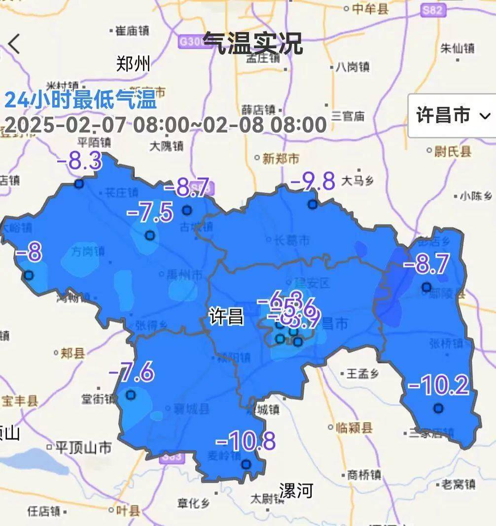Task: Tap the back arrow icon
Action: coord(13,44)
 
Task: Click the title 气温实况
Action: coord(252,43)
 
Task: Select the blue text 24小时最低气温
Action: coord(80,100)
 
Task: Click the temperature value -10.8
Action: coord(245,441)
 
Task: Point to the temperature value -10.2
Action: coord(438,386)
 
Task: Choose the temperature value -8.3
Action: coord(80,161)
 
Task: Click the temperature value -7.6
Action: coord(131,372)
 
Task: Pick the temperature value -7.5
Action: coord(150,213)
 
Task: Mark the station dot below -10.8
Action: coord(246,463)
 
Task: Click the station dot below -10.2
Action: coord(438,408)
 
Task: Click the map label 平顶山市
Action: coord(83,447)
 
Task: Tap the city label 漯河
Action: coord(296,490)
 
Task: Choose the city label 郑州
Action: coord(133,64)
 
